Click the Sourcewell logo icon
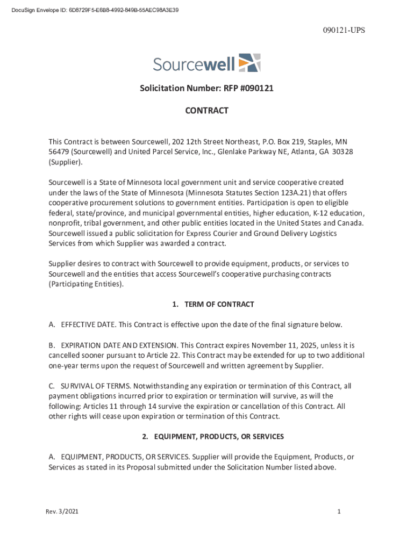point(249,63)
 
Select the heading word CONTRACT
point(206,111)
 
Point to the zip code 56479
point(59,151)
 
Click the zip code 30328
point(342,151)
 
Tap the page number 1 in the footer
point(339,512)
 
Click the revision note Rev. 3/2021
point(62,512)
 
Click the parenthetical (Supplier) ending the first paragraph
point(66,162)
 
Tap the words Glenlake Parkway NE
point(254,151)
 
